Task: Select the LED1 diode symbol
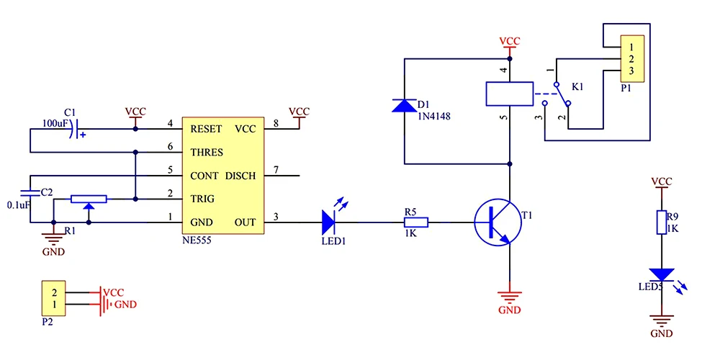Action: (330, 222)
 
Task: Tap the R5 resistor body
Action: (416, 222)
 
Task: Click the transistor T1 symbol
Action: (498, 222)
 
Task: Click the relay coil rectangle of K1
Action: (509, 94)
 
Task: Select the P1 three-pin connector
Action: (630, 58)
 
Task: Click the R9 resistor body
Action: (660, 222)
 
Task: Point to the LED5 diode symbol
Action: (660, 275)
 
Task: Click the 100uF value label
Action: (56, 125)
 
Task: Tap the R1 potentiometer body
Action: (89, 199)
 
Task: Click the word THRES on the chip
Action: (207, 153)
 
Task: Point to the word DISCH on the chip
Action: (240, 176)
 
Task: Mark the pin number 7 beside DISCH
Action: (276, 171)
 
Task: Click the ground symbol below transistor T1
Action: (509, 296)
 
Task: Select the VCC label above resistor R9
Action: (661, 181)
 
